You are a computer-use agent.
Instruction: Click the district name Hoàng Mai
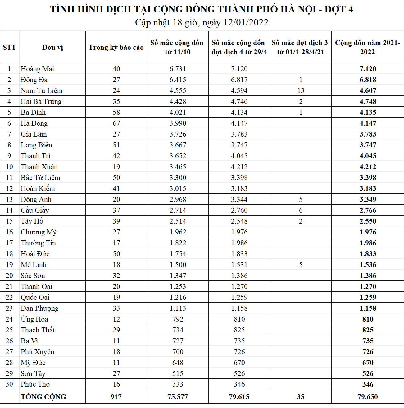pyautogui.click(x=37, y=69)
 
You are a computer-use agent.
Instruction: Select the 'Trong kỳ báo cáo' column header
pyautogui.click(x=116, y=47)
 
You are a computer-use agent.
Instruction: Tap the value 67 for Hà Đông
pyautogui.click(x=116, y=123)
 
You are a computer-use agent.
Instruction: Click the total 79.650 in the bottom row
pyautogui.click(x=368, y=397)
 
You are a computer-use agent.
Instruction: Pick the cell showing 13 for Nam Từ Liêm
pyautogui.click(x=301, y=90)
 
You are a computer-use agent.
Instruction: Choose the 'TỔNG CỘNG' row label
pyautogui.click(x=43, y=397)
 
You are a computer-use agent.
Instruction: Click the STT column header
pyautogui.click(x=9, y=47)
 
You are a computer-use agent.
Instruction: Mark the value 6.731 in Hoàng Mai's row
pyautogui.click(x=178, y=69)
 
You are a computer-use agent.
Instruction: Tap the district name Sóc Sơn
pyautogui.click(x=33, y=276)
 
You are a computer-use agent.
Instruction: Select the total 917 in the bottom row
pyautogui.click(x=116, y=397)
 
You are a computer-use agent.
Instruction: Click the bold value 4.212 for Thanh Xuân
pyautogui.click(x=368, y=167)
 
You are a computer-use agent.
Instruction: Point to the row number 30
pyautogui.click(x=9, y=384)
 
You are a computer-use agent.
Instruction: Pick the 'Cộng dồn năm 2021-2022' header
pyautogui.click(x=368, y=47)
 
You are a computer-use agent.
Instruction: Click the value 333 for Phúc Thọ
pyautogui.click(x=178, y=384)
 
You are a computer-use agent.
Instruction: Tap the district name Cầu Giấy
pyautogui.click(x=35, y=210)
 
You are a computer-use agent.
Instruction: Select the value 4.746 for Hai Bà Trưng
pyautogui.click(x=239, y=101)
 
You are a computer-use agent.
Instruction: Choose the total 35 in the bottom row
pyautogui.click(x=301, y=397)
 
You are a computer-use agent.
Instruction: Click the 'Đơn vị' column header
pyautogui.click(x=52, y=47)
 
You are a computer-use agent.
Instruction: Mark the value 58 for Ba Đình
pyautogui.click(x=116, y=112)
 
